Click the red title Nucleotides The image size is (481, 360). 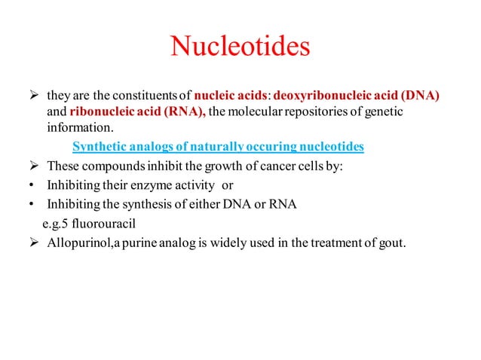pos(240,47)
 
